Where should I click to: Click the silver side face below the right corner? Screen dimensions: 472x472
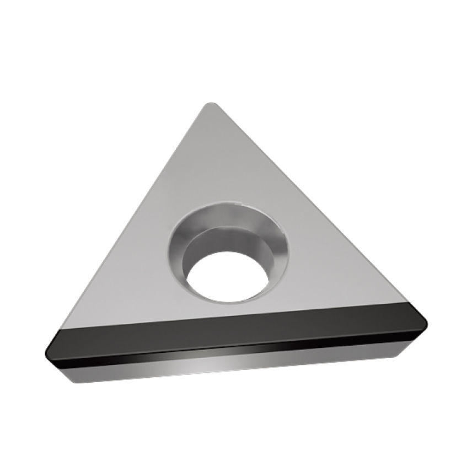(x=386, y=353)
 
